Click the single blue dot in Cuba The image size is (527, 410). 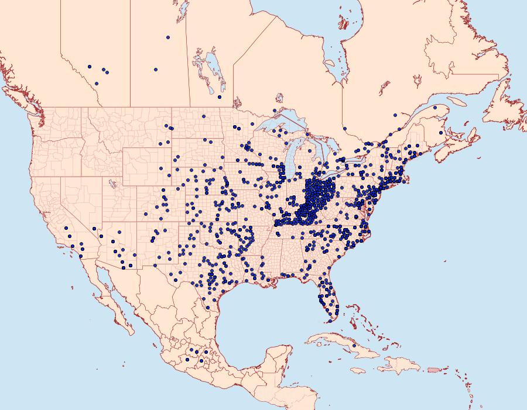tap(354, 346)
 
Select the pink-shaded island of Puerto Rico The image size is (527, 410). tap(434, 369)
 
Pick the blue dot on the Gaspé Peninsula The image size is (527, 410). tap(435, 108)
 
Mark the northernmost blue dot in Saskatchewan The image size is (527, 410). tap(168, 37)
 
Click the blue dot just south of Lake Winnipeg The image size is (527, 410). tap(220, 97)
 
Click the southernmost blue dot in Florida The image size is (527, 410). tap(330, 320)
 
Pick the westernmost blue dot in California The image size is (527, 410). tap(67, 228)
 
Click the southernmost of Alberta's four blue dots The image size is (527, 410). tap(97, 83)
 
